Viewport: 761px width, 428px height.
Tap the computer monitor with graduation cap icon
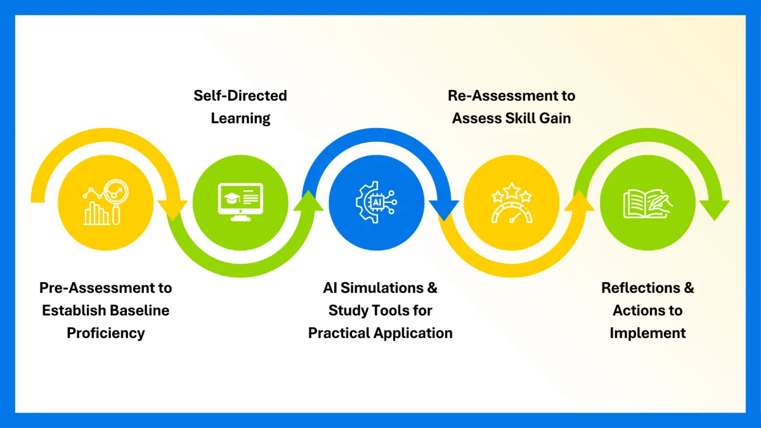tap(240, 202)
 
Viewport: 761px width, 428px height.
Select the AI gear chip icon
tap(376, 202)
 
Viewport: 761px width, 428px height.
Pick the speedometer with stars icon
tap(512, 202)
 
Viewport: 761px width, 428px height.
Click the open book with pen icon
tap(647, 202)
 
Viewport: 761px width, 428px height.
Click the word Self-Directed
tap(240, 96)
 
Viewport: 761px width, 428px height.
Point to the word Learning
tap(240, 118)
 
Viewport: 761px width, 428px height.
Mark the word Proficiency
tap(106, 333)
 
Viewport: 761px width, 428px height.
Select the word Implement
tap(647, 333)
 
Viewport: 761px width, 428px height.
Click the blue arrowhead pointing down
tap(444, 209)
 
